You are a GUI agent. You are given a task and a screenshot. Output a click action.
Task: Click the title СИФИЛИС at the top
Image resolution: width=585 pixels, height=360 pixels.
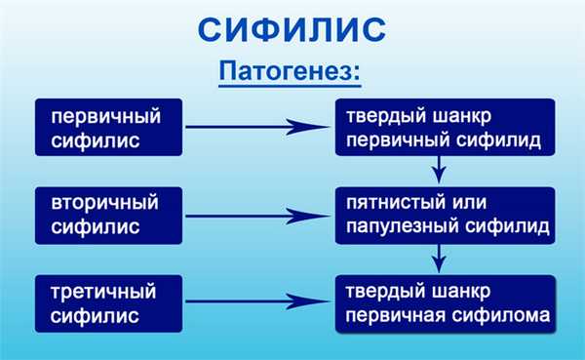pyautogui.click(x=292, y=29)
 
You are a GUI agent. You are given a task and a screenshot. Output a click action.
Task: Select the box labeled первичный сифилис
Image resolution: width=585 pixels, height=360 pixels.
pyautogui.click(x=107, y=128)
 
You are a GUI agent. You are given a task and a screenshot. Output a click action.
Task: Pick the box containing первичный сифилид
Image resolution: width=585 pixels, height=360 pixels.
pyautogui.click(x=446, y=128)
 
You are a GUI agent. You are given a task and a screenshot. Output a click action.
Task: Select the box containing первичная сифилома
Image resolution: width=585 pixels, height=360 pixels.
pyautogui.click(x=446, y=303)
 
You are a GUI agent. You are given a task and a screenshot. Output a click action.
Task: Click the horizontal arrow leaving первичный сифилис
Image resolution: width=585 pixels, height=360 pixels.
pyautogui.click(x=259, y=127)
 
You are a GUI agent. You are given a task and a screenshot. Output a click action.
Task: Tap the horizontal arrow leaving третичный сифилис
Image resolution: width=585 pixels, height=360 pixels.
pyautogui.click(x=259, y=302)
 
